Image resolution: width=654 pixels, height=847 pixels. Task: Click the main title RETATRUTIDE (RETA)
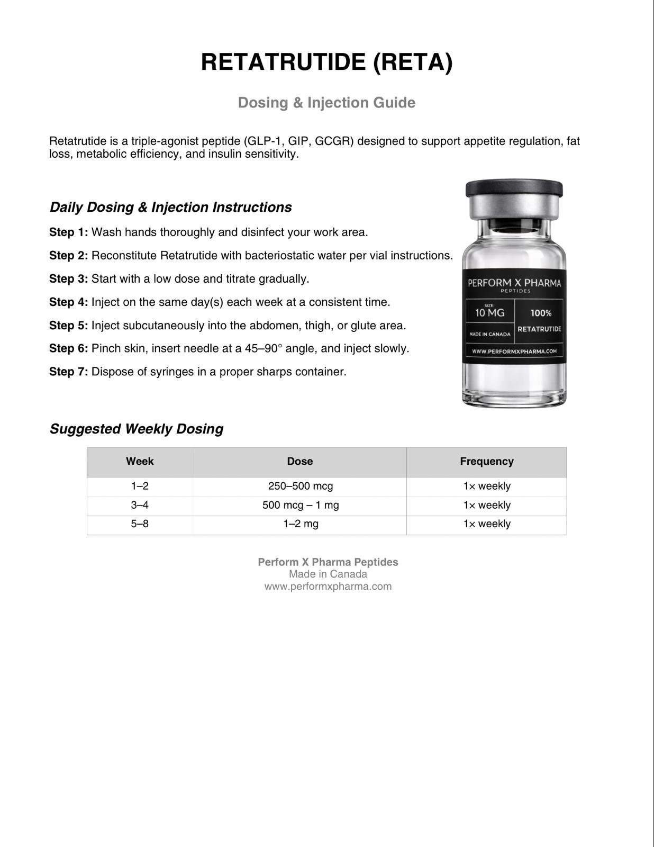pos(327,62)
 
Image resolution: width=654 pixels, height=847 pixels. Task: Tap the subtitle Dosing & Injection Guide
pos(327,103)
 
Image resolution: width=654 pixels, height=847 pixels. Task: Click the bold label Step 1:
pos(69,232)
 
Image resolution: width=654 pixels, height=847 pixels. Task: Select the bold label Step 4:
pos(69,302)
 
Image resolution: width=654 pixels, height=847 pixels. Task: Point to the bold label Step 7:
pos(69,372)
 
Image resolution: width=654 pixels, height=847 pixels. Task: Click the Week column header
pos(140,461)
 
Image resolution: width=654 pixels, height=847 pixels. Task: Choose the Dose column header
pos(300,461)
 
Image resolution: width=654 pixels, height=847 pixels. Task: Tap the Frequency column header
pos(486,462)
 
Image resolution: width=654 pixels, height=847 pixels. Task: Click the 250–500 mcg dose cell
pos(301,486)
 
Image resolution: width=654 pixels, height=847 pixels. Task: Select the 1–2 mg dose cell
pos(301,524)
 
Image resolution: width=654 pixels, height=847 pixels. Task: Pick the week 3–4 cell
pos(140,505)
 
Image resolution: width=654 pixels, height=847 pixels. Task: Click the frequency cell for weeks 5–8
pos(486,524)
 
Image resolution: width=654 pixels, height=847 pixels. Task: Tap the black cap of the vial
pos(514,188)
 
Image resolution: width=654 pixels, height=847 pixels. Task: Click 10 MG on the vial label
pos(489,313)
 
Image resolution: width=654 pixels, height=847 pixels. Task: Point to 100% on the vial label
pos(541,313)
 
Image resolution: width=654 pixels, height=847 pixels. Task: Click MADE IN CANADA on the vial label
pos(489,334)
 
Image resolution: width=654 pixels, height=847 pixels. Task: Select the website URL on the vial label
pos(514,351)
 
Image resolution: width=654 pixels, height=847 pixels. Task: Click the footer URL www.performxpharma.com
pos(328,586)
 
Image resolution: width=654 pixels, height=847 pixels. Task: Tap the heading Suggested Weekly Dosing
pos(137,429)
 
